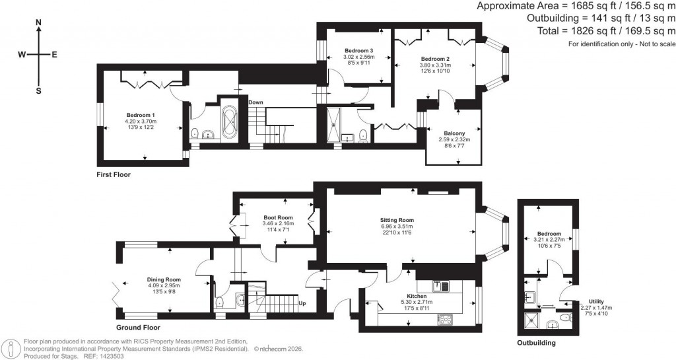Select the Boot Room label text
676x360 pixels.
tap(278, 217)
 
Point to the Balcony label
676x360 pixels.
tap(452, 133)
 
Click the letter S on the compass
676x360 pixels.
tap(38, 90)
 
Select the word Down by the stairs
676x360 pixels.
tap(256, 102)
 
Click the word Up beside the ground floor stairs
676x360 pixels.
tap(303, 303)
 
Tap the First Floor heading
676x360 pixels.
tap(114, 175)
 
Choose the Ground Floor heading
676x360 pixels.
tap(138, 327)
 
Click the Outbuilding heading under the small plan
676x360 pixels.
tap(536, 343)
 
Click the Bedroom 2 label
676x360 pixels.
tap(435, 58)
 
